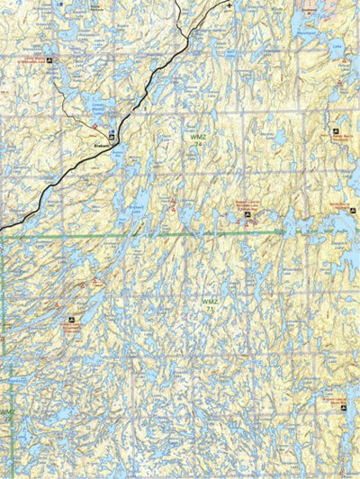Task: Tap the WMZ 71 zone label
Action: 209,304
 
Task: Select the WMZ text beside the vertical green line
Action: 6,411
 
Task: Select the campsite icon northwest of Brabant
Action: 49,60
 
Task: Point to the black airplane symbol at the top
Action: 229,5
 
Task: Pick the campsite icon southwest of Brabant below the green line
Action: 71,320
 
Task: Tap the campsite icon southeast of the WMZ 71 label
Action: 327,395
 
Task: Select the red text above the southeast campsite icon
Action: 335,402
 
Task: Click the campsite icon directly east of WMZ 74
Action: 335,131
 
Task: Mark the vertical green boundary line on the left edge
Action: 2,342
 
